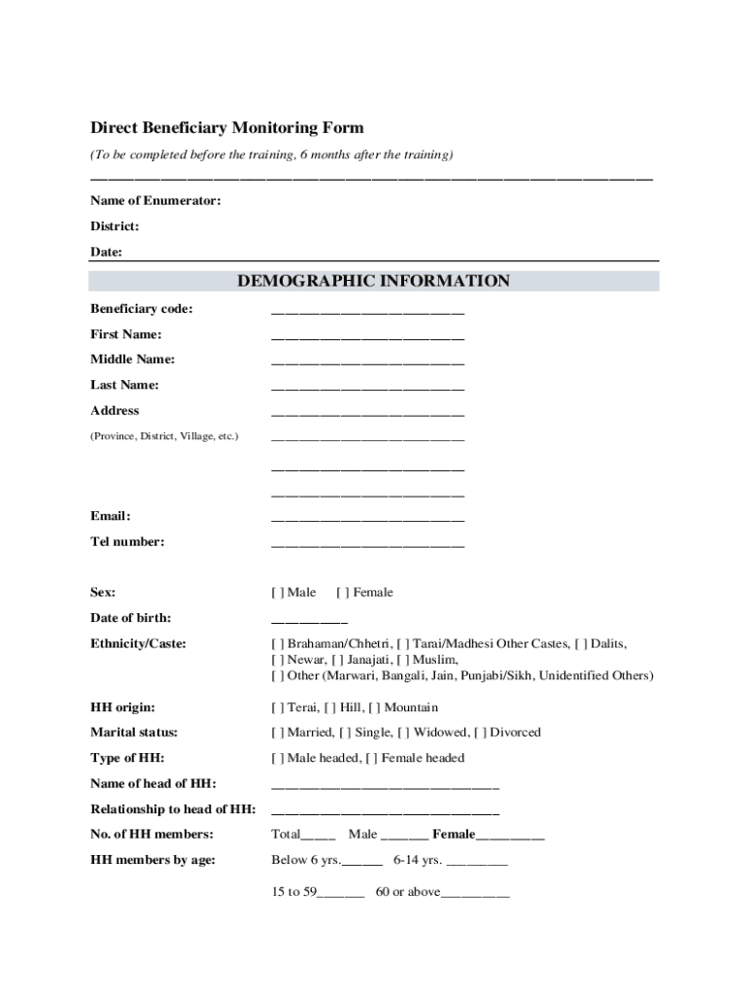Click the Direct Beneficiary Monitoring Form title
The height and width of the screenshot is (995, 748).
point(226,128)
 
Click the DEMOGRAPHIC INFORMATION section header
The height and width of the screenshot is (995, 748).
point(373,282)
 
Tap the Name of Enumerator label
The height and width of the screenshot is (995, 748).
point(155,201)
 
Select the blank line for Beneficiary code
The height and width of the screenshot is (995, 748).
point(367,312)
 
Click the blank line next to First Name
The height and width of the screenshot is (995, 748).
point(367,337)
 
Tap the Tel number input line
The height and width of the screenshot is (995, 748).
point(367,544)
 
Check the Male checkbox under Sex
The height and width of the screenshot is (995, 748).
point(277,593)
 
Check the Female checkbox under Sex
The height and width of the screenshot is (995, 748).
point(343,593)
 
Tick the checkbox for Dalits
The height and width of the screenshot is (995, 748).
point(581,644)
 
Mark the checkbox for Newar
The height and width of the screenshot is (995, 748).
point(277,660)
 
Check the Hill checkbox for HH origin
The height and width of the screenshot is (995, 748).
point(329,707)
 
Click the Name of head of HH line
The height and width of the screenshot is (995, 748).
point(385,786)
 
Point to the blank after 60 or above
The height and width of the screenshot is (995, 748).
point(475,895)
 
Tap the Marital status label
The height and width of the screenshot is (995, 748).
point(134,733)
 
